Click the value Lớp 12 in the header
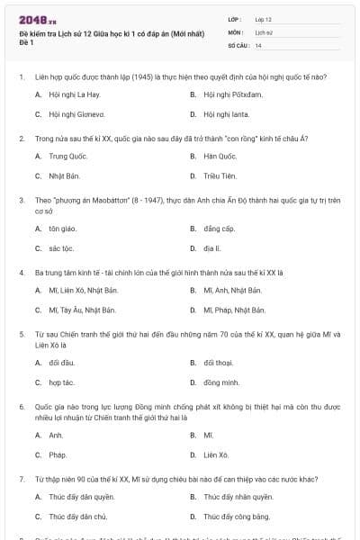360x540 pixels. point(264,19)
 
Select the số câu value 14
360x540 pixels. point(258,44)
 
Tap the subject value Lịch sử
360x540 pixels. point(263,31)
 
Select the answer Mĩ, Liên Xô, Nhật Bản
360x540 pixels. point(84,290)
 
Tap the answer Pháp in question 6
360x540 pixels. point(58,454)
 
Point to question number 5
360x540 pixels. point(21,333)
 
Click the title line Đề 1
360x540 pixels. point(26,42)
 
